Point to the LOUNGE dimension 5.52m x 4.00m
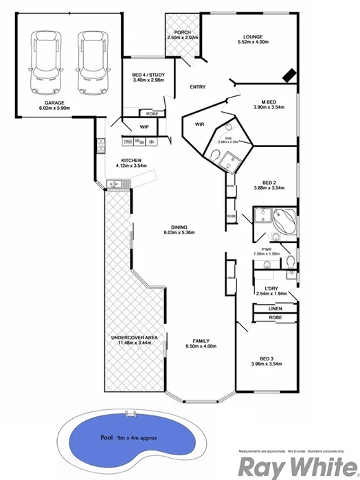(253, 43)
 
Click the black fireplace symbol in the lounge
(290, 74)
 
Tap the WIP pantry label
(145, 127)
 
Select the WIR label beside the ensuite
(200, 124)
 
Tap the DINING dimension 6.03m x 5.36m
(179, 233)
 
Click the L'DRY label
(264, 288)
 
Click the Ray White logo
(295, 466)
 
